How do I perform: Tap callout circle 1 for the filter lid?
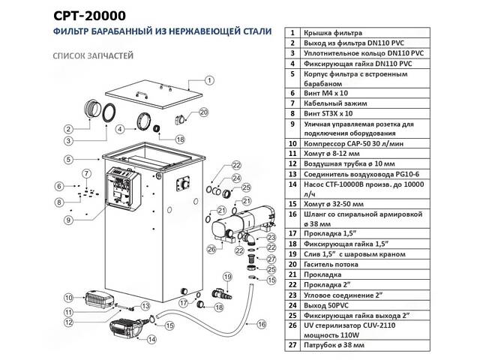pos(210,80)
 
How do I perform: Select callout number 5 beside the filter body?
pos(67,159)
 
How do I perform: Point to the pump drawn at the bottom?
pos(127,328)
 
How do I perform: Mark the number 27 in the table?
pos(292,346)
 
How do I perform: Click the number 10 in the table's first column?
pos(292,142)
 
